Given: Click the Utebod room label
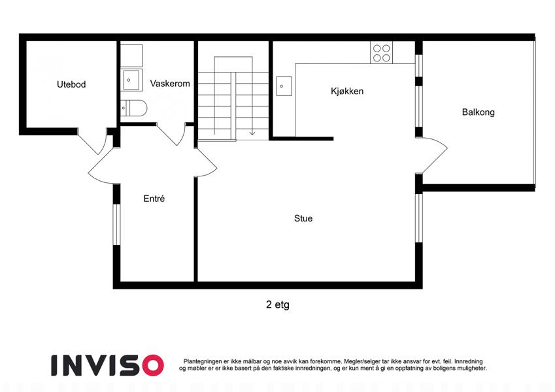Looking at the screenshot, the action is pyautogui.click(x=71, y=84).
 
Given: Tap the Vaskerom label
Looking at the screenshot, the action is pyautogui.click(x=170, y=84).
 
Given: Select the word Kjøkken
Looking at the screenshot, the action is pyautogui.click(x=347, y=91).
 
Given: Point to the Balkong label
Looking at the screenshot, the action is pyautogui.click(x=479, y=112).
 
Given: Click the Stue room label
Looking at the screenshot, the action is pyautogui.click(x=303, y=218).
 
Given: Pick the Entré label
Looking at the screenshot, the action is pyautogui.click(x=154, y=199).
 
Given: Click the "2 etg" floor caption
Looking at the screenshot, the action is pyautogui.click(x=277, y=304).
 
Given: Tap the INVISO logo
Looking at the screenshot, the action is pyautogui.click(x=108, y=365).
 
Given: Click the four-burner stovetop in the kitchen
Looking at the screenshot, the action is pyautogui.click(x=382, y=53).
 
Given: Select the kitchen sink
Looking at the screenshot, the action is pyautogui.click(x=284, y=86).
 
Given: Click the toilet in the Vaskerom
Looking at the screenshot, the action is pyautogui.click(x=133, y=108).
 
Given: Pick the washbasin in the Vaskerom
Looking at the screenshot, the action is pyautogui.click(x=131, y=80).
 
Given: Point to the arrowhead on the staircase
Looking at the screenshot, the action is pyautogui.click(x=252, y=133).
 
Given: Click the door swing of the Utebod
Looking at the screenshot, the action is pyautogui.click(x=93, y=142).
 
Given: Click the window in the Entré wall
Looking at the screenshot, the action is pyautogui.click(x=117, y=224).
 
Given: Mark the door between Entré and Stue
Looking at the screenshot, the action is pyautogui.click(x=207, y=162).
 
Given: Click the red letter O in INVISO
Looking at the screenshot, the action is pyautogui.click(x=152, y=365).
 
